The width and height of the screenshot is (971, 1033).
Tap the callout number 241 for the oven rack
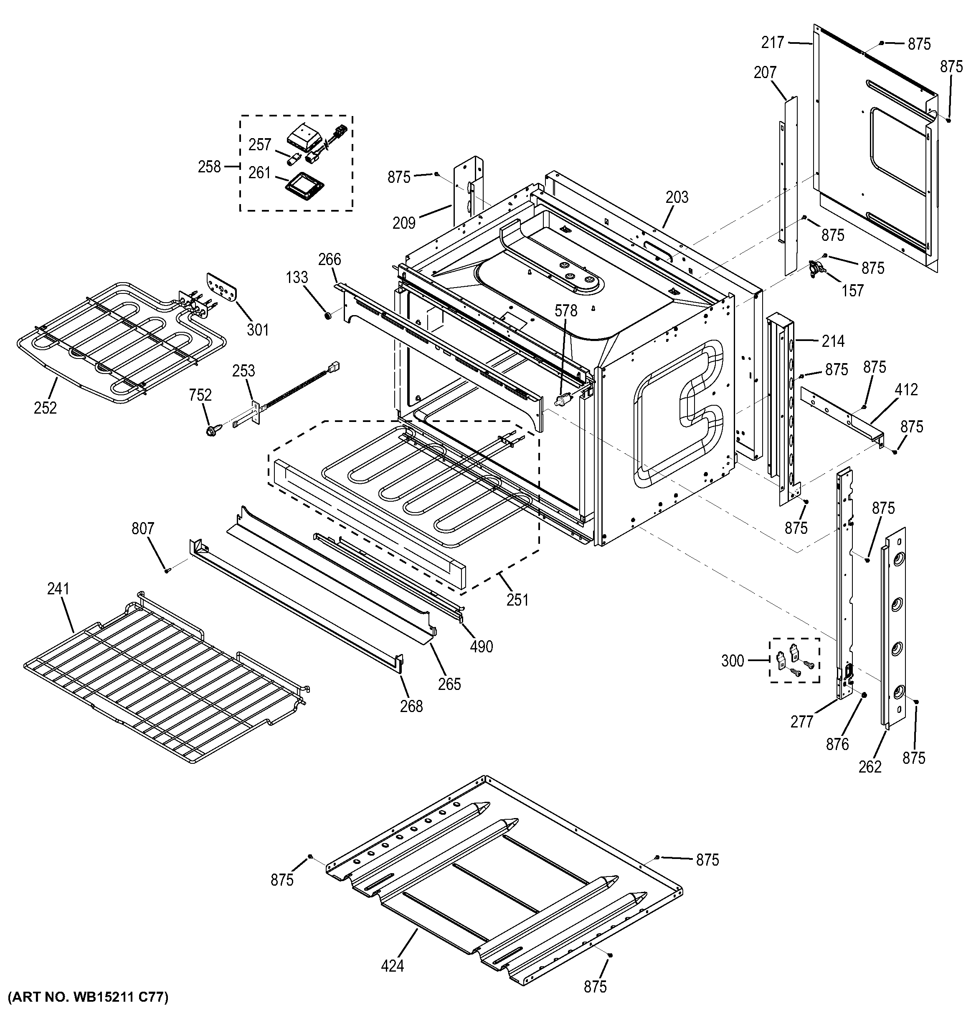tap(58, 589)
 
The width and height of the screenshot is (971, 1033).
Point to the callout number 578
tap(565, 311)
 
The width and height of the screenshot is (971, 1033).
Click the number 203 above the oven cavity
tap(677, 197)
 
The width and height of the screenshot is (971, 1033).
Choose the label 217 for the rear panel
tap(773, 43)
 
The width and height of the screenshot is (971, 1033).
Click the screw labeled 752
tap(212, 431)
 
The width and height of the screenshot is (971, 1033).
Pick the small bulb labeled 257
tap(294, 157)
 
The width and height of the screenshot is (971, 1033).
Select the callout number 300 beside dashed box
tap(733, 661)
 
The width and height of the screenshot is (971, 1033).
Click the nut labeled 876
tap(863, 695)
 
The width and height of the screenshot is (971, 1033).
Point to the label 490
tap(482, 647)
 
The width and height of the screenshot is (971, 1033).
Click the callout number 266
tap(330, 259)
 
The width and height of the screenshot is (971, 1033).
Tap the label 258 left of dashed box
tap(210, 167)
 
